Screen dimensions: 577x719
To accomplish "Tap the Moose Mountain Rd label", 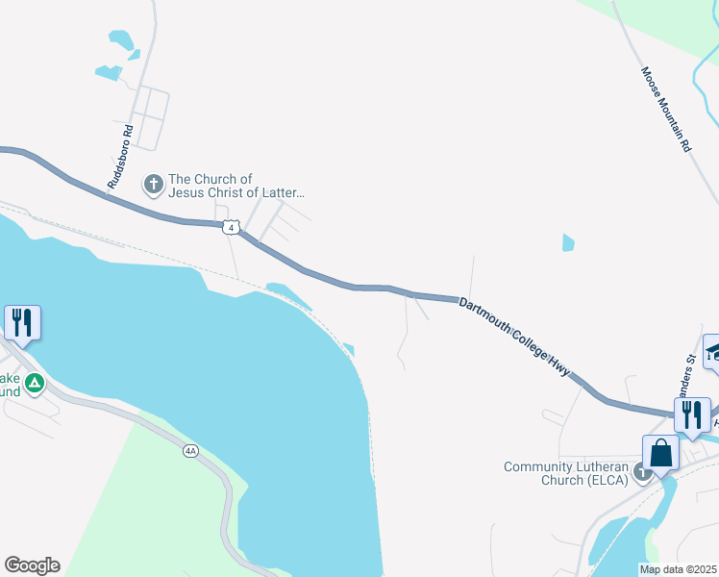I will point(666,111).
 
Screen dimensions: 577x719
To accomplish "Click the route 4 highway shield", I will point(230,227).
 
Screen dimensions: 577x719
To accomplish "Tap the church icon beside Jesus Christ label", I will point(153,183).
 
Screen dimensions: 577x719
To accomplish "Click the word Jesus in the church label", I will point(187,192).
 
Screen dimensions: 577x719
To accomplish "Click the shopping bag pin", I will point(660,453).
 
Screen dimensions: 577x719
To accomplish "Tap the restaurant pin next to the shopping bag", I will point(691,414).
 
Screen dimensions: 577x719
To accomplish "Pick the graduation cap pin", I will point(712,351).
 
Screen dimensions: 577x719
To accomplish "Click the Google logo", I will point(32,565).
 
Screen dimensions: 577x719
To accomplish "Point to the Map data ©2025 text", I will point(678,569).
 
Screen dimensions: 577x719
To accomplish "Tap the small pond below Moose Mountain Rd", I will point(568,242).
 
